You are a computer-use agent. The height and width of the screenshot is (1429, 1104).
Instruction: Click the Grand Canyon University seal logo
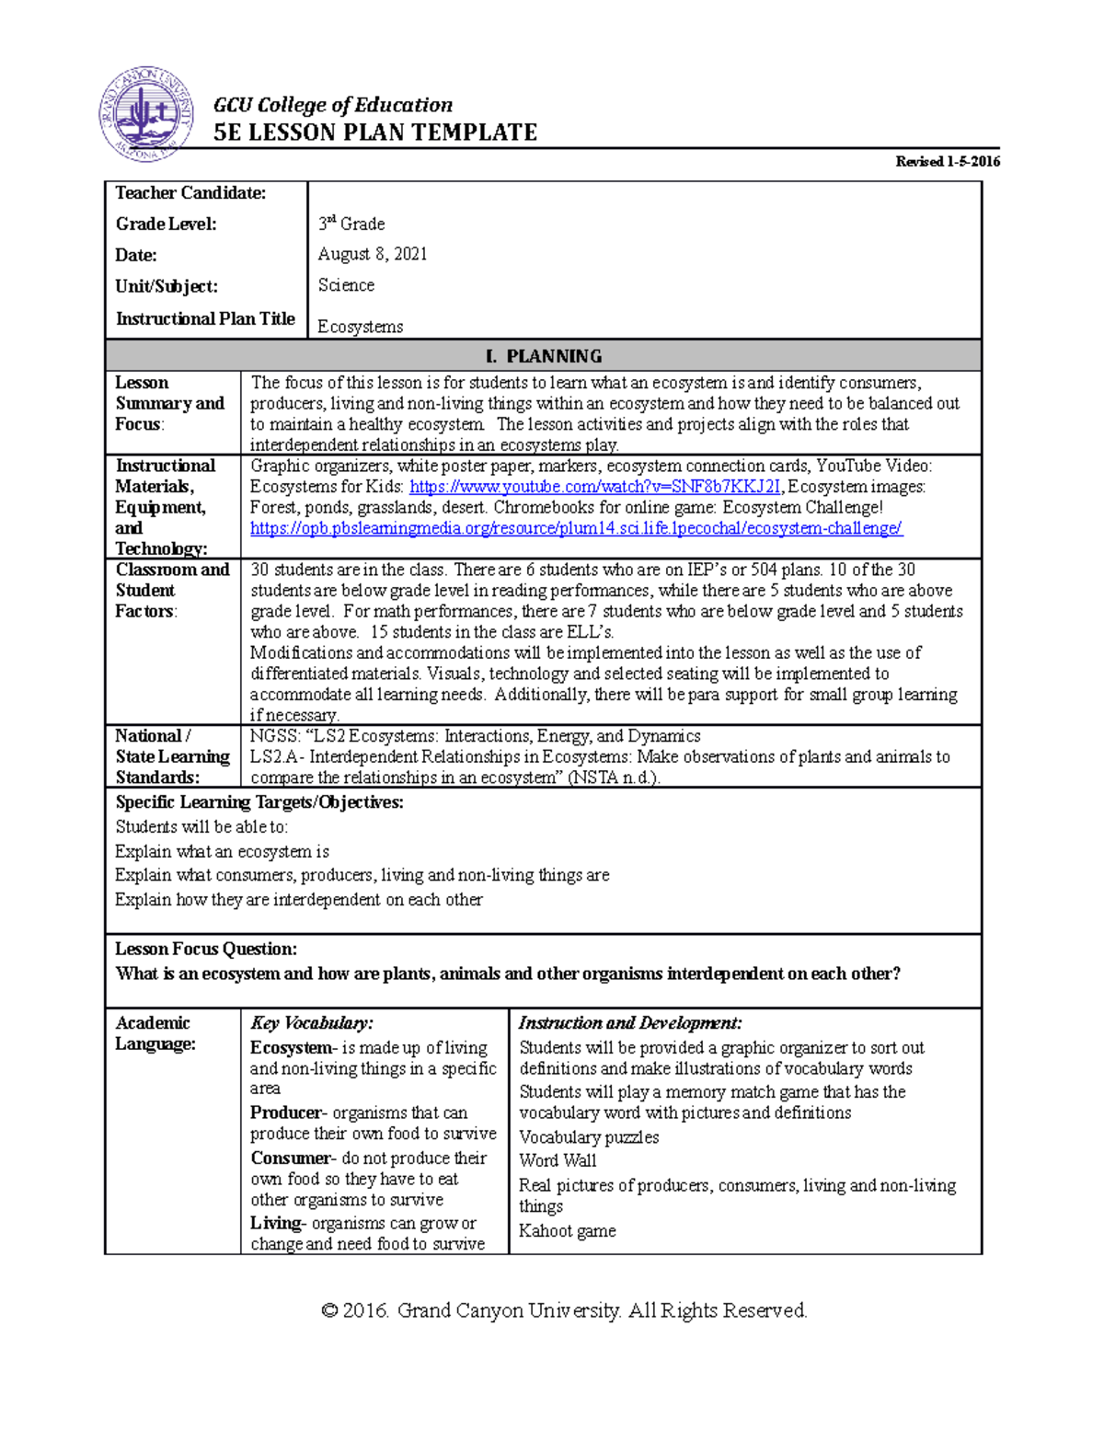point(146,115)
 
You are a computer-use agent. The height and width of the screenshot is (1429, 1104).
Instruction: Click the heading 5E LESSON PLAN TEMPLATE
point(374,133)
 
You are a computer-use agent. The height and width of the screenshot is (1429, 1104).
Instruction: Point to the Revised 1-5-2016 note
point(948,162)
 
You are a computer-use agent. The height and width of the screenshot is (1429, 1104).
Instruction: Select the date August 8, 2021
point(373,254)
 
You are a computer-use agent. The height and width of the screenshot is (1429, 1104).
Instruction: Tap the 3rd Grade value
point(351,224)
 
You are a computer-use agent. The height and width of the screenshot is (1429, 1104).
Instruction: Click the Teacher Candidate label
point(190,193)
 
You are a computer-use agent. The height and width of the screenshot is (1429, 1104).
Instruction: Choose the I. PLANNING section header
point(543,356)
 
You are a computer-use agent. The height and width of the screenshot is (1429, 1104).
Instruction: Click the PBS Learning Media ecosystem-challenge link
point(576,528)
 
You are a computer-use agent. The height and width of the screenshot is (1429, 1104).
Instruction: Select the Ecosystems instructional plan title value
point(360,327)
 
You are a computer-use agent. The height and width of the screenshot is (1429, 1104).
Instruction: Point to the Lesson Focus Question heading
point(206,949)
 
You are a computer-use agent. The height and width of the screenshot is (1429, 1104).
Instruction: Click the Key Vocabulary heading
point(311,1023)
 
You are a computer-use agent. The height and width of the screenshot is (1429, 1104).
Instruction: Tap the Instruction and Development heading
point(630,1023)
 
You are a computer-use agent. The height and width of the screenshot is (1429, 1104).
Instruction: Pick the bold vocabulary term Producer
point(286,1112)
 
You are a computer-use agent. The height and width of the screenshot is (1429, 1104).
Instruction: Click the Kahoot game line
point(567,1231)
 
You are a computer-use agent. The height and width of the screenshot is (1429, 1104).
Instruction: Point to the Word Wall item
point(558,1160)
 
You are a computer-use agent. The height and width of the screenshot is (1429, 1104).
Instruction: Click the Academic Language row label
point(155,1033)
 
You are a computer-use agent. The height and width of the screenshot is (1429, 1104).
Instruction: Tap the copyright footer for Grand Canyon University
point(564,1310)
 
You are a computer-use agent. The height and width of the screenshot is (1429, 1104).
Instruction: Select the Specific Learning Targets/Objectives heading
point(259,802)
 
